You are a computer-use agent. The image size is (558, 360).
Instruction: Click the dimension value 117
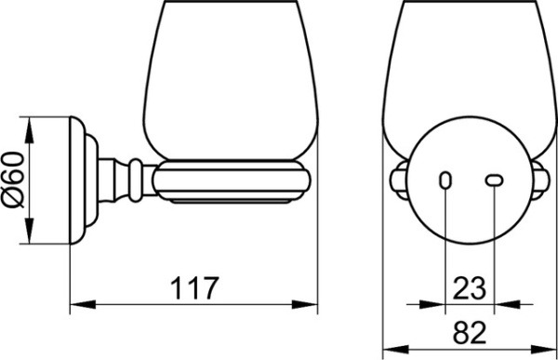tap(194, 287)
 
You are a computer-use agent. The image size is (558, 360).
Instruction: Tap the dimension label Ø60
tap(14, 180)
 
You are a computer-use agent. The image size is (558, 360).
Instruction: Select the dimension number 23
tap(469, 287)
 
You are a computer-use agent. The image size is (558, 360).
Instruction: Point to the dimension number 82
tap(469, 332)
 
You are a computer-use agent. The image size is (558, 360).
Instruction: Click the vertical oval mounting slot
tap(445, 180)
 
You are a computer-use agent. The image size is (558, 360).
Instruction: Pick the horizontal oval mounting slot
tap(495, 180)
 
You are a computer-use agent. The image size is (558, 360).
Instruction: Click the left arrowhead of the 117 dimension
tap(83, 304)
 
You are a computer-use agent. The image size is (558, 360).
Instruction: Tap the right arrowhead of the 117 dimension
tap(304, 304)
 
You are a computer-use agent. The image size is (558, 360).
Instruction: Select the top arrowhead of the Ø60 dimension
tap(29, 129)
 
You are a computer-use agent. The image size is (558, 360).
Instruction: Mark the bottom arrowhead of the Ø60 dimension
tap(29, 231)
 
